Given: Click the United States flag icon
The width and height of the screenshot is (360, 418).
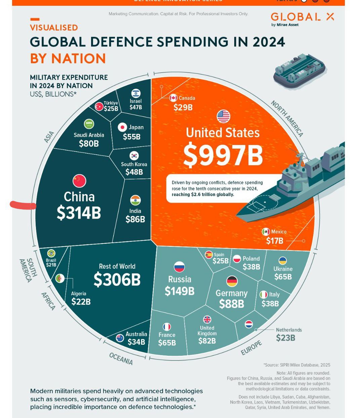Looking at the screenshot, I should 223,117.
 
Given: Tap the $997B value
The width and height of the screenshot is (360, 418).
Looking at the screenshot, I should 223,155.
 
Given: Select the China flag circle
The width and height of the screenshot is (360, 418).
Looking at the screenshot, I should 79,181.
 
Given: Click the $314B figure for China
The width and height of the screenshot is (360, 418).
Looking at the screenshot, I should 79,213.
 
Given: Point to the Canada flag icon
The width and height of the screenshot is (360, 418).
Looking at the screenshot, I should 173,98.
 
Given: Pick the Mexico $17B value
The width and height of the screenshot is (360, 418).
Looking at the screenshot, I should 275,241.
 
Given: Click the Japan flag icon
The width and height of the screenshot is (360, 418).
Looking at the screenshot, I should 122,127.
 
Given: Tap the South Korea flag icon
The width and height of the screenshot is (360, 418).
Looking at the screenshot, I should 134,156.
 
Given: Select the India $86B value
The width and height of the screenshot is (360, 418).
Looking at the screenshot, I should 135,219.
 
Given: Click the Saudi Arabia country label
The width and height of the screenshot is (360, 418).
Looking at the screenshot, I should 89,135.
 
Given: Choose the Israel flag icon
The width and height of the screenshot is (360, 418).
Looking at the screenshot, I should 136,93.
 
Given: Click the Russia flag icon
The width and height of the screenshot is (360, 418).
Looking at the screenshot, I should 179,267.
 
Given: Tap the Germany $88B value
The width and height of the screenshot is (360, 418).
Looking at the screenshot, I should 232,304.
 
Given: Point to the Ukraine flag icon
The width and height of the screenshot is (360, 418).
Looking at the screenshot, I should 283,261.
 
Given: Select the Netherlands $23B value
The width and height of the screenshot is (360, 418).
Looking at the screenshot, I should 285,338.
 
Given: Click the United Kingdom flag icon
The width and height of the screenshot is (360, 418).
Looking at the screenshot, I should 207,319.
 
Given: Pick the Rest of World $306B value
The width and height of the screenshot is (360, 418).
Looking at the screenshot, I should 117,280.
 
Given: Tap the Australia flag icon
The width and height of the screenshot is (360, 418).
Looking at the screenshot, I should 120,338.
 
